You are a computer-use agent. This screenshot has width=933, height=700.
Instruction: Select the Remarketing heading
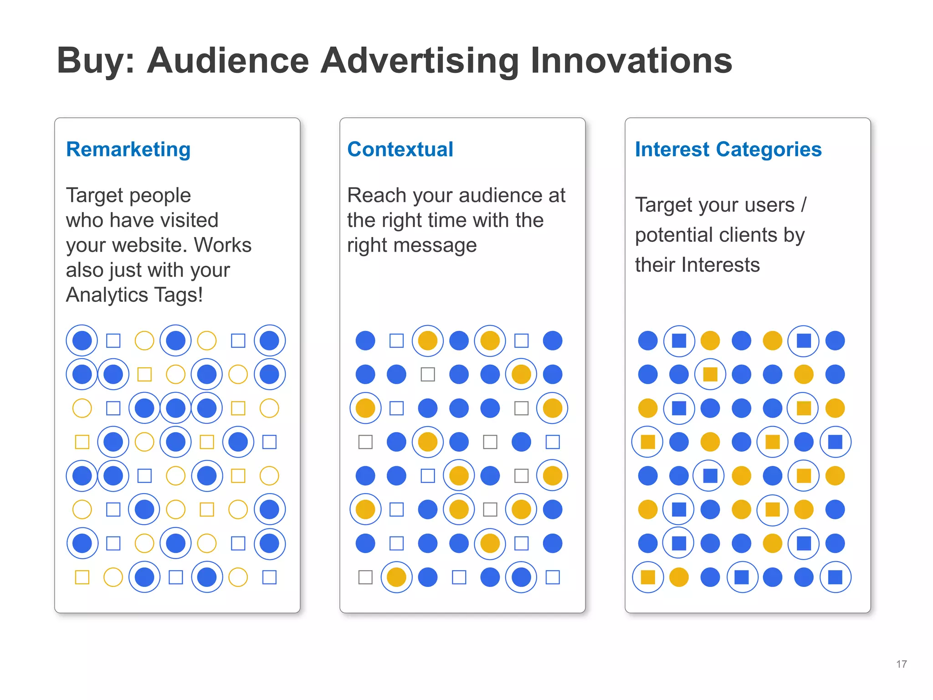tap(128, 149)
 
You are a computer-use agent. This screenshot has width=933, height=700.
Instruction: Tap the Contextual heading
tap(400, 149)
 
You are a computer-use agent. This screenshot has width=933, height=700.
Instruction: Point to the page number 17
tap(901, 664)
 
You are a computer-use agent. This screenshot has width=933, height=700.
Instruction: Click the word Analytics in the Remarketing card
tap(107, 295)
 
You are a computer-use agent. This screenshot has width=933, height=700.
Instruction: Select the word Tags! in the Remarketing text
tap(179, 295)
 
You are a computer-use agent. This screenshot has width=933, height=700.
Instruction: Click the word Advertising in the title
tap(419, 61)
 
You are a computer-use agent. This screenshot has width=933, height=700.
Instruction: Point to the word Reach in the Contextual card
tap(377, 196)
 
